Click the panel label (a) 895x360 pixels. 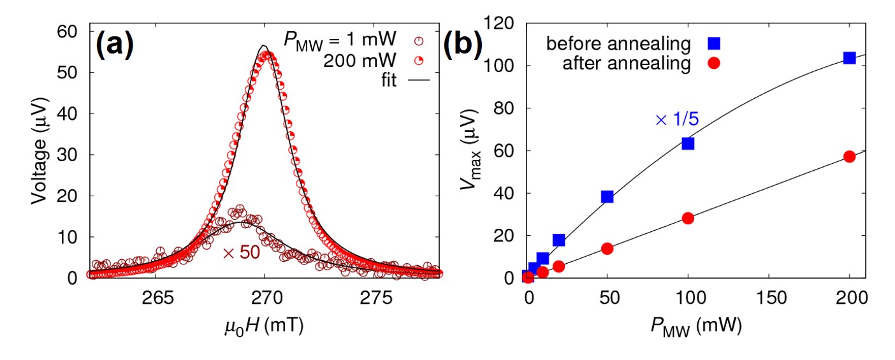pyautogui.click(x=115, y=45)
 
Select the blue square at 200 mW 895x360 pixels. pyautogui.click(x=849, y=57)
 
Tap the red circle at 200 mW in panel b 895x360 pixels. pyautogui.click(x=849, y=156)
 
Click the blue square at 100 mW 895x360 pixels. pyautogui.click(x=688, y=143)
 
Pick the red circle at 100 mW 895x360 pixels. pyautogui.click(x=688, y=218)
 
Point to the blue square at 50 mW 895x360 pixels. pyautogui.click(x=607, y=196)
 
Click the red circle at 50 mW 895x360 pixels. pyautogui.click(x=607, y=248)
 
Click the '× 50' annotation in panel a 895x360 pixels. pyautogui.click(x=242, y=252)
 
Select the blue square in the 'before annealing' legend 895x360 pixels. pyautogui.click(x=714, y=43)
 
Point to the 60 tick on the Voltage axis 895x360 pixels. pyautogui.click(x=68, y=31)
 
